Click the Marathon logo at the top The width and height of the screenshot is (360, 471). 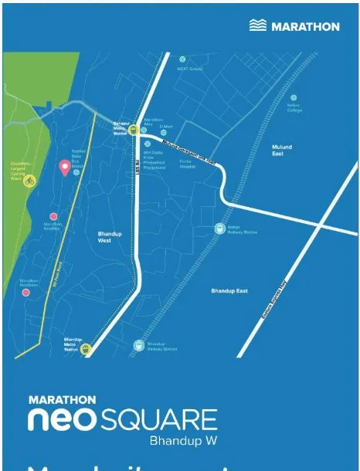[294, 25]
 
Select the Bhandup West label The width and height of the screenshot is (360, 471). [110, 237]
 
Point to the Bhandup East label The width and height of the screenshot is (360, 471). [229, 290]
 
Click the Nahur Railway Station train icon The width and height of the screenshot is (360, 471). [219, 229]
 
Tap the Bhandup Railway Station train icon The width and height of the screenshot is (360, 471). [138, 345]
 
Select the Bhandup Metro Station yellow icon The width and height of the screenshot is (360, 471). [86, 348]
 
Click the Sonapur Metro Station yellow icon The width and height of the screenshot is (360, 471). [132, 130]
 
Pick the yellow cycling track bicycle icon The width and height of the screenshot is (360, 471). [31, 181]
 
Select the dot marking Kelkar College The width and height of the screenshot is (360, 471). [294, 98]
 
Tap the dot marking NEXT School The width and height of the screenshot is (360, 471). [182, 59]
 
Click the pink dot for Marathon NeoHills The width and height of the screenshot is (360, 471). [53, 217]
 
